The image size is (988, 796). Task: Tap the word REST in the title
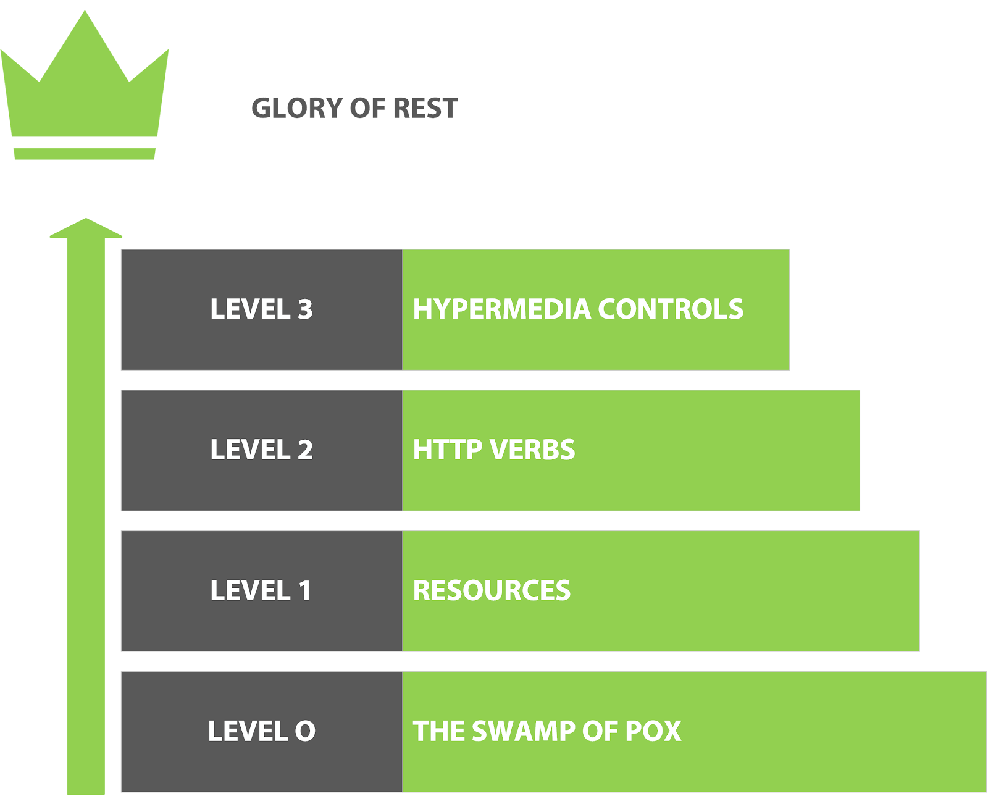tap(425, 109)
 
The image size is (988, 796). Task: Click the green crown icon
tap(85, 85)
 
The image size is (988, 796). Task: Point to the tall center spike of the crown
tap(85, 28)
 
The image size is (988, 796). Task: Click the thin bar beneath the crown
tap(85, 154)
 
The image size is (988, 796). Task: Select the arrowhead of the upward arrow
tap(86, 228)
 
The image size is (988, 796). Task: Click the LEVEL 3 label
tap(261, 309)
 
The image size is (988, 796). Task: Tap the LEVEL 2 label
tap(261, 449)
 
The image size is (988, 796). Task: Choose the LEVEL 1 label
tap(261, 590)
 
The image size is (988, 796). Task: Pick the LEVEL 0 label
tap(261, 731)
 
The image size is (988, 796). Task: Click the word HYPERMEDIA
tap(502, 309)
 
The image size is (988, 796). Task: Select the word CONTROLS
tap(671, 309)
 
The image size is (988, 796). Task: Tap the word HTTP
tap(447, 449)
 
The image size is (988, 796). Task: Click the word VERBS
tap(532, 449)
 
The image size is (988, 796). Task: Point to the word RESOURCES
tap(492, 590)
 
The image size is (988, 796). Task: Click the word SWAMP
tap(524, 731)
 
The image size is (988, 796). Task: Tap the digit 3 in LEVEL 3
tap(305, 309)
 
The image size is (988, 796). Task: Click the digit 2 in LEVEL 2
tap(305, 449)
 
